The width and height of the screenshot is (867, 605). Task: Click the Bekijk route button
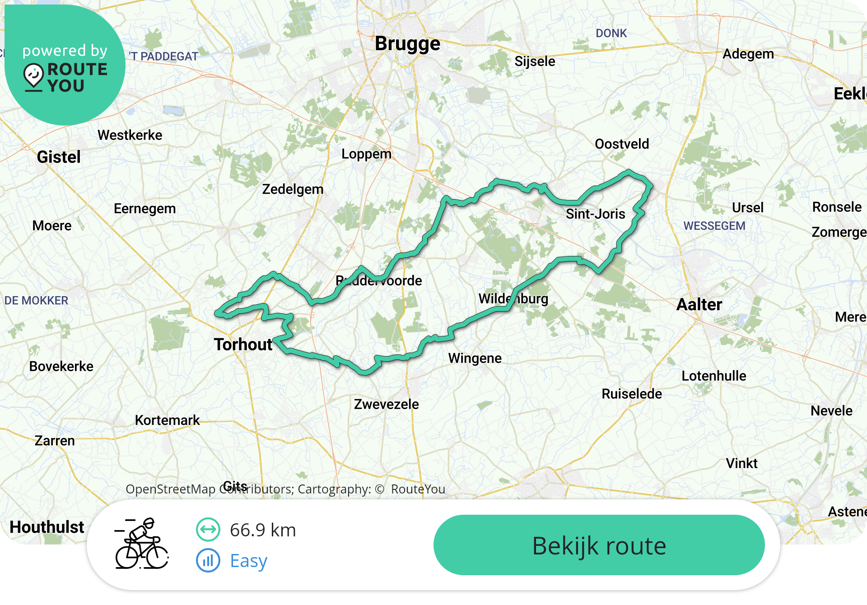coord(599,545)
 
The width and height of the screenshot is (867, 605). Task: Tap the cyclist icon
coord(142,544)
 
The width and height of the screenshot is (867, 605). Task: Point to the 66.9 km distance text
coord(263,530)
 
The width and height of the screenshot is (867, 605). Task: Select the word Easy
coord(248,561)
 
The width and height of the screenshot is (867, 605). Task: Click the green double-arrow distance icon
coord(208,530)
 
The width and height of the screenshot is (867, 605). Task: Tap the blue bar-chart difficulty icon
coord(208,560)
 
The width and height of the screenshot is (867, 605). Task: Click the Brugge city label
coord(407,44)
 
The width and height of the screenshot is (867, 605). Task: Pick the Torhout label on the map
coord(243,344)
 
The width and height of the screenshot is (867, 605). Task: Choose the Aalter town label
coord(699,305)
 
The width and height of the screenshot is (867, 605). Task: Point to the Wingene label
coord(475,358)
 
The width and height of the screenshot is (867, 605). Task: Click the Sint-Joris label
coord(595,214)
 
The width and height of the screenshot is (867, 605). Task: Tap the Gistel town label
coord(59,157)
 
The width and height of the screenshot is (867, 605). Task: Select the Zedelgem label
coord(293,189)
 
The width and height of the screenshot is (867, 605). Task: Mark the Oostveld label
coord(622,144)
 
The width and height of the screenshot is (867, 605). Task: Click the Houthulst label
coord(47,527)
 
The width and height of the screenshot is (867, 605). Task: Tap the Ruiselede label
coord(632,394)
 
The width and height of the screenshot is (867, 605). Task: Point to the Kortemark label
coord(167,420)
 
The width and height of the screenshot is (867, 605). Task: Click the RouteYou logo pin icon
coord(33,77)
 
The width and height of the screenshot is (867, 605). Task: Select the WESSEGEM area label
coord(714,226)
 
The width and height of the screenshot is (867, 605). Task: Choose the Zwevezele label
coord(386,404)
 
